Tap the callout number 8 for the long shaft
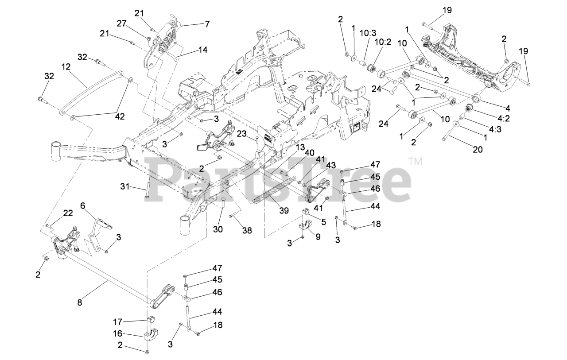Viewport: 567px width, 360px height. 80,303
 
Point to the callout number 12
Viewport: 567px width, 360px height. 66,67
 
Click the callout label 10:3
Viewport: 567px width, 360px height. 368,33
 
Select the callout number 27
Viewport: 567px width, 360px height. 122,23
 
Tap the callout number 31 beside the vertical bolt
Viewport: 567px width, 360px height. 124,187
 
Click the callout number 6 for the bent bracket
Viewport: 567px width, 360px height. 82,205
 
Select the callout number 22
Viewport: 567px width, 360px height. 67,213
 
